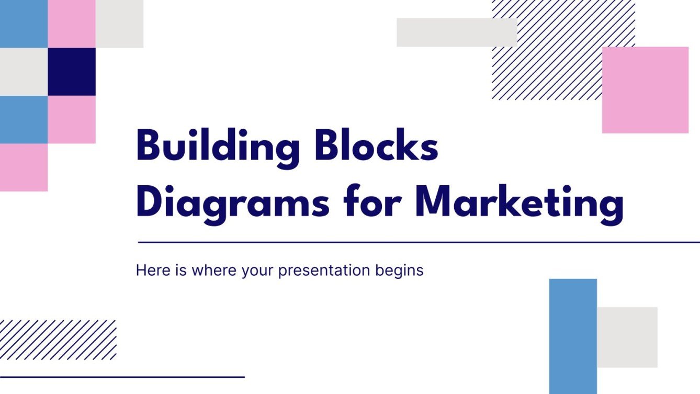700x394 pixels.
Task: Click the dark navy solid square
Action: (x=72, y=72)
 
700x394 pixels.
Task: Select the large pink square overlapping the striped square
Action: (x=645, y=90)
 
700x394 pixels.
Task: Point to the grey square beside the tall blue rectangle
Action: (x=627, y=337)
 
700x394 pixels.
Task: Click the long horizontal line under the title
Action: (x=419, y=242)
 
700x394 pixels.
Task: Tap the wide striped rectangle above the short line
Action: (x=58, y=340)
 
